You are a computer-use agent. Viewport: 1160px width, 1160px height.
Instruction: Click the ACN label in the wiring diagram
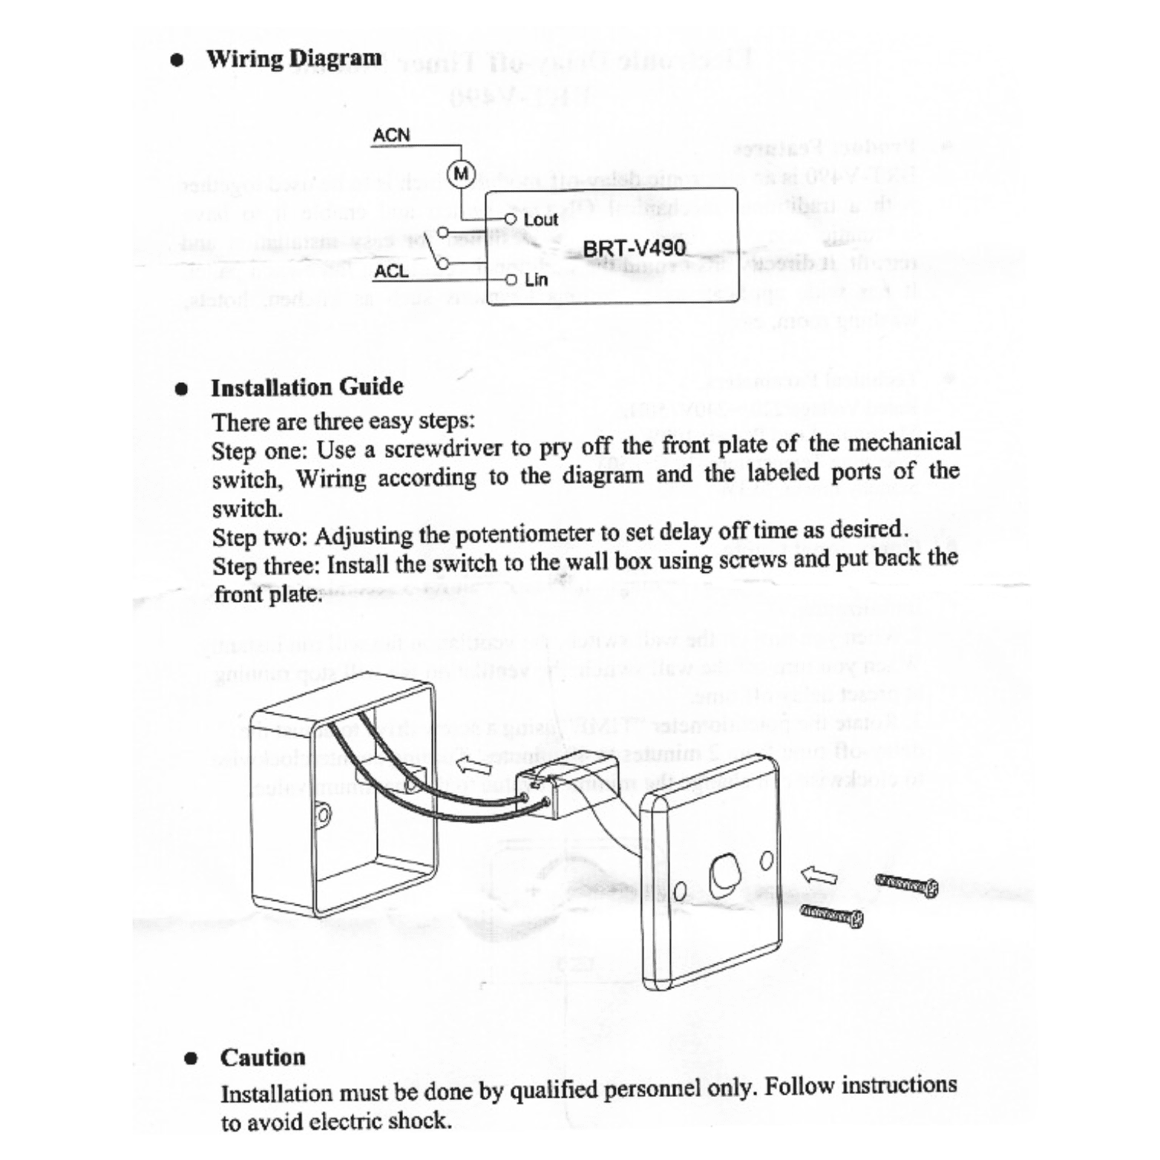click(391, 136)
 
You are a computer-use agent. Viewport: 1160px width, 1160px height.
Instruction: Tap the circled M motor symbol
click(462, 174)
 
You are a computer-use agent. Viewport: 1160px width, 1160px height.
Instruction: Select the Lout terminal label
click(540, 220)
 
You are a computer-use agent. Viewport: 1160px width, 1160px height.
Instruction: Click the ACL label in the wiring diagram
click(391, 272)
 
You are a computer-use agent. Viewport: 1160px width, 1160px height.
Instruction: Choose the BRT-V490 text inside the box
click(634, 248)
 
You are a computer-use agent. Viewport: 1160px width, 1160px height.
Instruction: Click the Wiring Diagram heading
click(294, 59)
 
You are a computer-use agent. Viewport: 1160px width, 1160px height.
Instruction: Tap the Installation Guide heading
click(307, 387)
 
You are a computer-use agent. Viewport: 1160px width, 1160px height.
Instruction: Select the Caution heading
click(263, 1057)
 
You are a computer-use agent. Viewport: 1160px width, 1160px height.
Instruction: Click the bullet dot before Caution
click(191, 1058)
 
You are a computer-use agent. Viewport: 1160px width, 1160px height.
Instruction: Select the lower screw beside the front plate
click(831, 917)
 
